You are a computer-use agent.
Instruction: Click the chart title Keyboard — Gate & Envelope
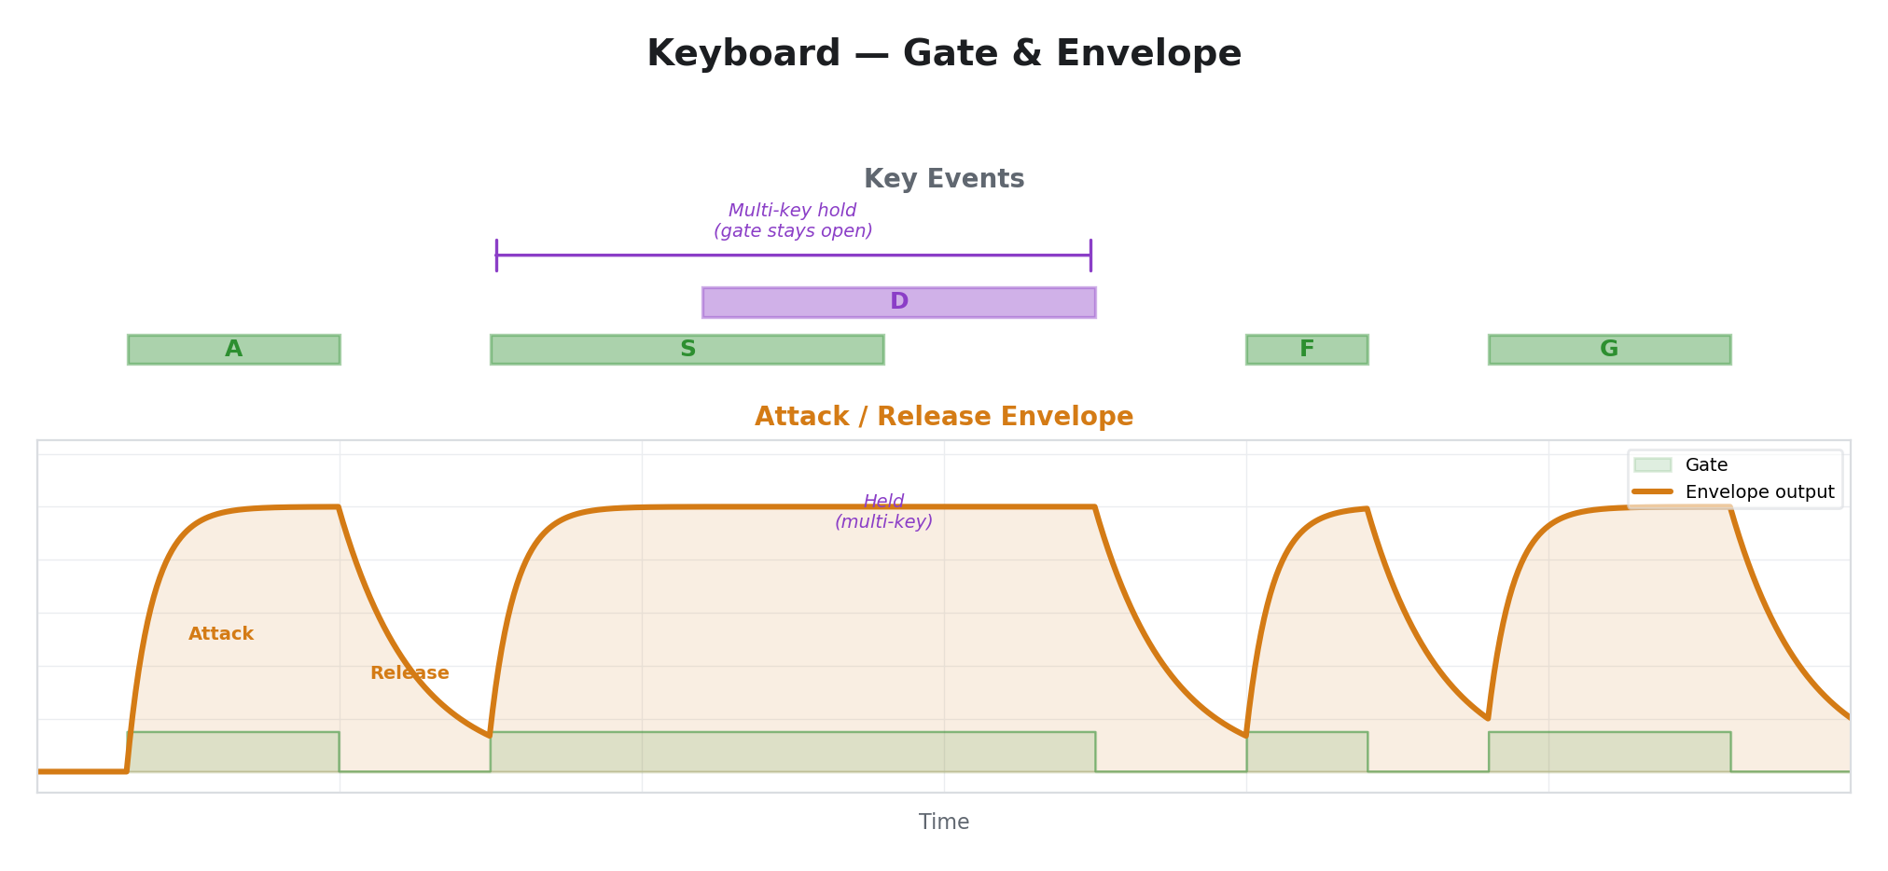(943, 54)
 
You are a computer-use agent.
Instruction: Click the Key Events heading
(943, 179)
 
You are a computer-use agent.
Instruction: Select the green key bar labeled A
(233, 350)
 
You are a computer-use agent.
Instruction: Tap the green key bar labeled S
(687, 350)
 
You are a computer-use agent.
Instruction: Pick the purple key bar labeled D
(898, 302)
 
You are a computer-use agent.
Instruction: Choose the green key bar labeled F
(1306, 350)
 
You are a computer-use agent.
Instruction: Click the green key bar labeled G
(1608, 350)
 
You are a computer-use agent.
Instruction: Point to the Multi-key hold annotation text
(793, 221)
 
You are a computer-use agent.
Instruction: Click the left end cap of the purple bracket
(496, 255)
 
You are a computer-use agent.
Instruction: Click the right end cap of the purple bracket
(1090, 255)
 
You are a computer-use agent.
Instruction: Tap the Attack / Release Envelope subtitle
(943, 417)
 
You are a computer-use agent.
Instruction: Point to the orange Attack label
(221, 634)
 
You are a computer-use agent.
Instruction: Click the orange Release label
(410, 673)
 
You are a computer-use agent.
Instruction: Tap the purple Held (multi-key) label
(883, 512)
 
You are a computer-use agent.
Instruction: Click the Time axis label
(943, 823)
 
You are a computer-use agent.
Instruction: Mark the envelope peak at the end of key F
(1367, 509)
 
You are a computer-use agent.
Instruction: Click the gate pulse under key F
(1306, 752)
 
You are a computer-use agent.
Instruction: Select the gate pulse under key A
(233, 752)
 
